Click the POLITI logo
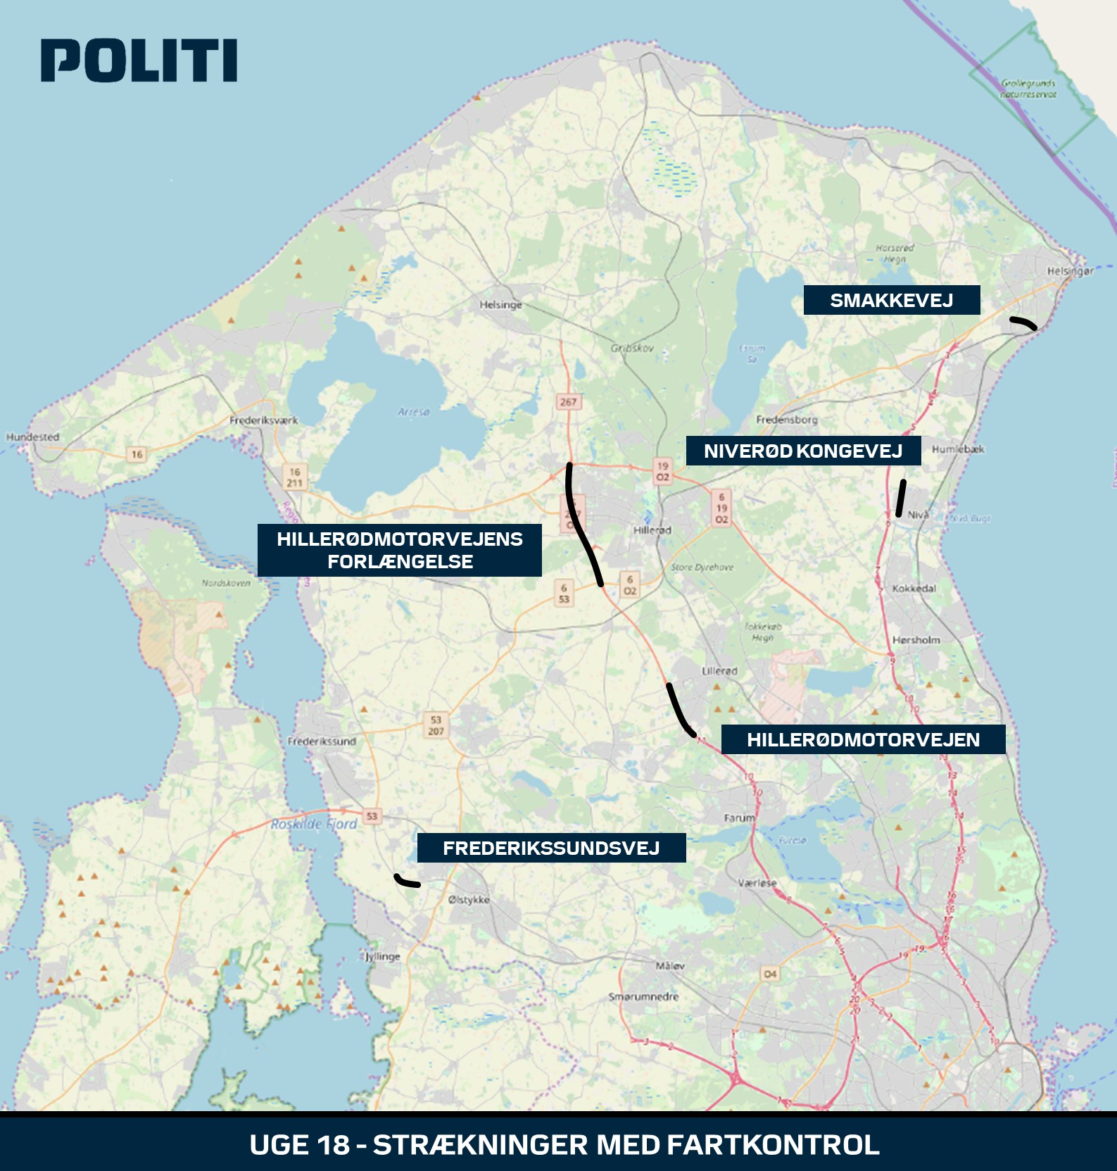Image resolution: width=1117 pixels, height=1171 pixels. pos(139,61)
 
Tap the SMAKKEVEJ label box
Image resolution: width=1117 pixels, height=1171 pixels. pos(891,300)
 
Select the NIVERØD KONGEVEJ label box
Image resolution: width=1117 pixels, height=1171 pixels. pos(803,451)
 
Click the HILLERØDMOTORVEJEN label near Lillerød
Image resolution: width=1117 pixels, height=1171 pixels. pos(863,739)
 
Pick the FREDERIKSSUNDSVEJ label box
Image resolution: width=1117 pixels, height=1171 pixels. pos(551,848)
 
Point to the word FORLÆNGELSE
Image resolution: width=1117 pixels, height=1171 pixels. pos(400,562)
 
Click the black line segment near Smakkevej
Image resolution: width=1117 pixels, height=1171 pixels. pos(1023,323)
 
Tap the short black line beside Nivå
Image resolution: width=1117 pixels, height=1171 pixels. pos(900,498)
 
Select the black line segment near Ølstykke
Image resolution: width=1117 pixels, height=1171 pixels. pos(406,881)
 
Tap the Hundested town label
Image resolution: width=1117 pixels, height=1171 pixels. pos(33,437)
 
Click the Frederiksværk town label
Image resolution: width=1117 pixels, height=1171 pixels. pos(263,420)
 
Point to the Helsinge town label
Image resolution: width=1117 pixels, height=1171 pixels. pos(500,305)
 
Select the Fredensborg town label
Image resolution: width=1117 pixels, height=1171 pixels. pos(786,420)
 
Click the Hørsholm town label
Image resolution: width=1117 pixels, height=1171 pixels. pos(916,640)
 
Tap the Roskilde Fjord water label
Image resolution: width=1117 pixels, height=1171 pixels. pos(314,824)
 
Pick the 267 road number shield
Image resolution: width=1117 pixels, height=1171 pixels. pos(568,402)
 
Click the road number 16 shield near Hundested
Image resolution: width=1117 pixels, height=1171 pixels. pos(137,454)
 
